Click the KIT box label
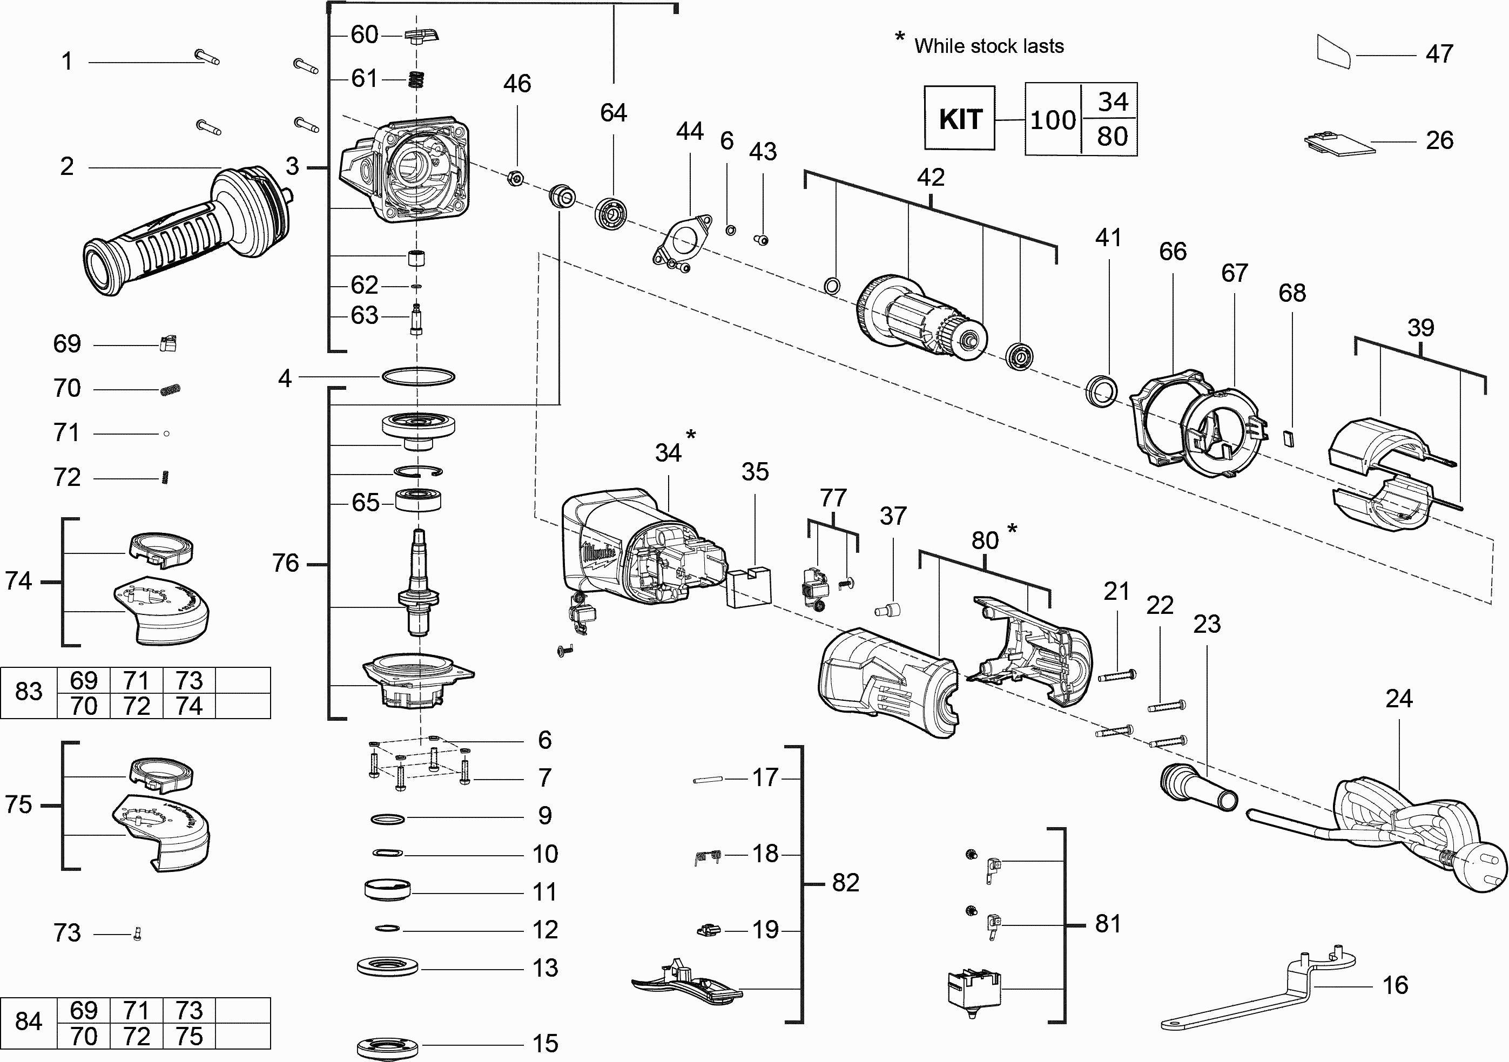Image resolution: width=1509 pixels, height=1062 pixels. pyautogui.click(x=960, y=119)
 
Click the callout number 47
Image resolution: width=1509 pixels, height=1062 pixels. pyautogui.click(x=1439, y=54)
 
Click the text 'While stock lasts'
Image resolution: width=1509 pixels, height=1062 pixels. pyautogui.click(x=988, y=46)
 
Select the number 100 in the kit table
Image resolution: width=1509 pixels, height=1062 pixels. pyautogui.click(x=1053, y=120)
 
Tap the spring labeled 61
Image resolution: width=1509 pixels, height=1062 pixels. pyautogui.click(x=415, y=79)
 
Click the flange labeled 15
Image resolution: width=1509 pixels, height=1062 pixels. pyautogui.click(x=387, y=1045)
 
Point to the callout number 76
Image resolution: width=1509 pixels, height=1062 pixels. pyautogui.click(x=285, y=563)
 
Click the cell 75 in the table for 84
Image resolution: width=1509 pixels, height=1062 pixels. pyautogui.click(x=189, y=1037)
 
